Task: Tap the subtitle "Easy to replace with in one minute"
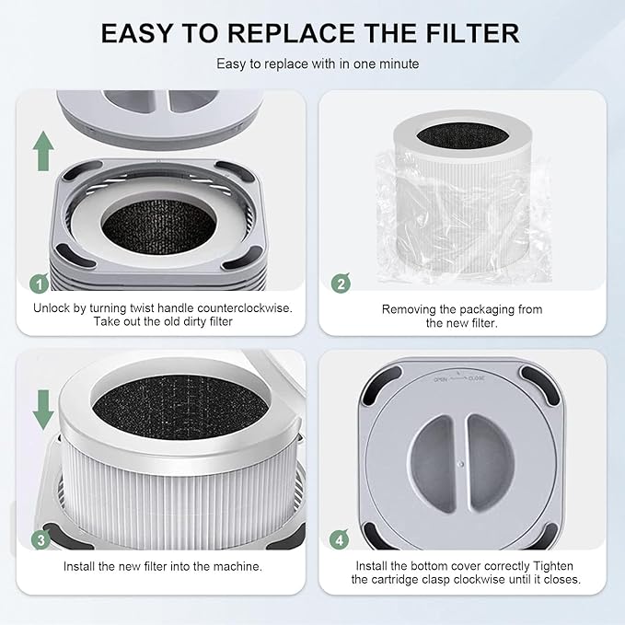[311, 64]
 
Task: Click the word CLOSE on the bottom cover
[477, 378]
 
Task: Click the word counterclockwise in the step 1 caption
[243, 308]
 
